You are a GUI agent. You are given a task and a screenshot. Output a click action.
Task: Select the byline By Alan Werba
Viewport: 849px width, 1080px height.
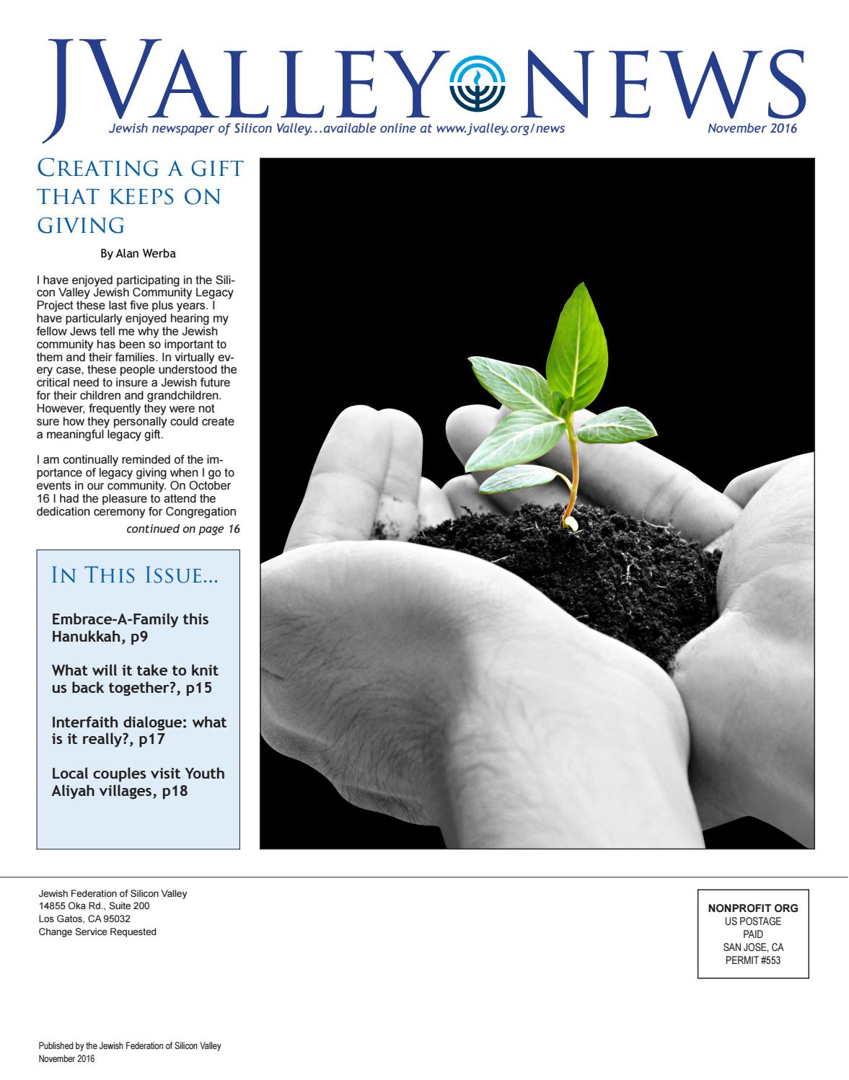pos(138,254)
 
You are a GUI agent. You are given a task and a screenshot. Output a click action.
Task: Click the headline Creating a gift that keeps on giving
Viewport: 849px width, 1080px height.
pos(139,198)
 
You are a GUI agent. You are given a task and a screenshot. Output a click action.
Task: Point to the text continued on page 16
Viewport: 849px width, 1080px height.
pos(182,528)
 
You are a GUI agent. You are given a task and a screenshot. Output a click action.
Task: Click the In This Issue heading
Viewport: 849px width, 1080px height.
pos(136,576)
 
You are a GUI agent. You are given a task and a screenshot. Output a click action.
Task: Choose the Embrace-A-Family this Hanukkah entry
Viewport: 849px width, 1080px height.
pos(131,628)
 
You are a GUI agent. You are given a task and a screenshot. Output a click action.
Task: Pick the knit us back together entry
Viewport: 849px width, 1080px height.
pos(135,679)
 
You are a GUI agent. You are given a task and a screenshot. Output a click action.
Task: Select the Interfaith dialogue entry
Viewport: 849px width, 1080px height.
pos(139,730)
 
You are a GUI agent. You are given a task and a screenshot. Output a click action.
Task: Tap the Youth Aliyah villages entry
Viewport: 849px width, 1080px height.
pos(138,782)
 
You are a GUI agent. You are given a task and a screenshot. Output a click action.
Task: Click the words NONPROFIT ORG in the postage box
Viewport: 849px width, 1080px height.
pos(753,908)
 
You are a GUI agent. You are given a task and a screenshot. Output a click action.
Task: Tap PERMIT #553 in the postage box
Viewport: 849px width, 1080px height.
pos(753,960)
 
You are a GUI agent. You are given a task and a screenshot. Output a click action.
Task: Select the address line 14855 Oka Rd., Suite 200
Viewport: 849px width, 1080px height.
pos(94,906)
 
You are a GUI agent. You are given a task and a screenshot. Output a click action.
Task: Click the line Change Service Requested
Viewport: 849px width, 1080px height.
pos(97,931)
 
